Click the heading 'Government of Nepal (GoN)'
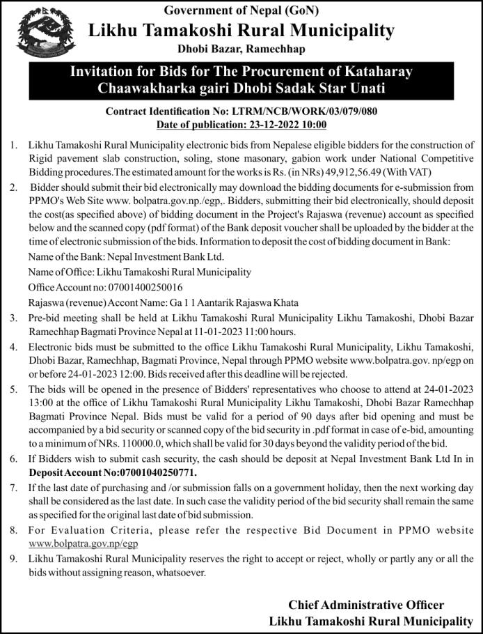241,11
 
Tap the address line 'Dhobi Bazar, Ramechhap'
241,49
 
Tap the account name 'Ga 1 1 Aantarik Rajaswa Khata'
234,302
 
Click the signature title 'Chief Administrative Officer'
365,605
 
